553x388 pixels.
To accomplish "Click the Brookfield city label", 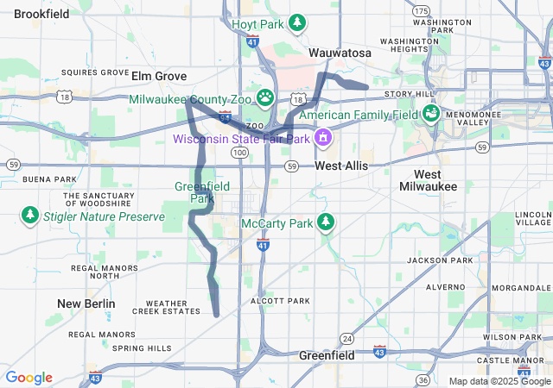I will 41,14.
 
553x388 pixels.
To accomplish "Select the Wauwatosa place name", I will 340,53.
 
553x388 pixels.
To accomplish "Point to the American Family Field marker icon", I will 429,114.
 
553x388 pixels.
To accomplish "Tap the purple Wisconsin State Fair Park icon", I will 323,137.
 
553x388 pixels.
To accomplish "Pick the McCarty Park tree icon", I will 326,222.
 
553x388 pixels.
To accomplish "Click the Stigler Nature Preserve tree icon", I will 30,214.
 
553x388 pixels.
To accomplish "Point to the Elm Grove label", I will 159,75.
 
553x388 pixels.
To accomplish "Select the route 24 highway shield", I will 346,337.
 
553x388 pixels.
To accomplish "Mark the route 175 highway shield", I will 421,10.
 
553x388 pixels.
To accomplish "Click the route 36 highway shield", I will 423,379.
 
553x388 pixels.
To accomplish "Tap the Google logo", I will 29,378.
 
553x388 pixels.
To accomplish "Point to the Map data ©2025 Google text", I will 499,381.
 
